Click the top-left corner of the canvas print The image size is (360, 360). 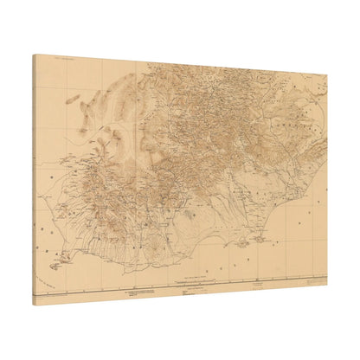click(35, 55)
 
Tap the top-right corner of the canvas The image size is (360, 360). click(328, 74)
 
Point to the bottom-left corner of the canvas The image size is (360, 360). click(35, 305)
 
